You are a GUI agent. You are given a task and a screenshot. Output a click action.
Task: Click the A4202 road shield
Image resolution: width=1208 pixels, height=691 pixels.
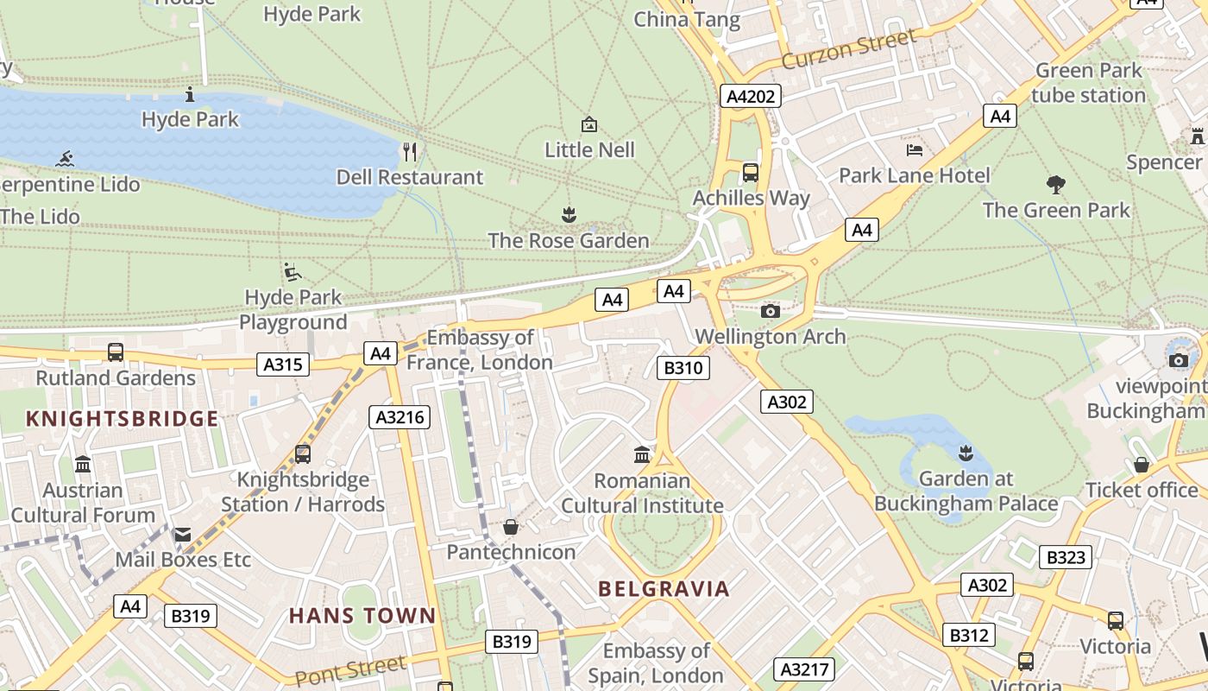(x=751, y=96)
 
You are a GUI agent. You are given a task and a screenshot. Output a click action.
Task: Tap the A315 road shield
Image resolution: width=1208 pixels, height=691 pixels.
(x=283, y=365)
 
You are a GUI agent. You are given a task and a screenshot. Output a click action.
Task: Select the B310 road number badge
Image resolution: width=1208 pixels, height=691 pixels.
(x=683, y=368)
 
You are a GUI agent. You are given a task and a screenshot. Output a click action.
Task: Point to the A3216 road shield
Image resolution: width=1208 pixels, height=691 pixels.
(x=400, y=417)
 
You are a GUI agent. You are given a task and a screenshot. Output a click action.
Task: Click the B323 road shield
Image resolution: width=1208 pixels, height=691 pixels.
(x=1065, y=557)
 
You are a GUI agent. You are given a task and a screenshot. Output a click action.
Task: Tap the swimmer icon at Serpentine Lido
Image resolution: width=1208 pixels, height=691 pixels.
(x=64, y=159)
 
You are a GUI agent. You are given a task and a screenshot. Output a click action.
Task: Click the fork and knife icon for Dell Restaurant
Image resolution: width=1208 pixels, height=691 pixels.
(x=410, y=152)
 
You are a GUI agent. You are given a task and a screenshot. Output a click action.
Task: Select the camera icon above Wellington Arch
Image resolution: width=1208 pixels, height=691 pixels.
(x=771, y=311)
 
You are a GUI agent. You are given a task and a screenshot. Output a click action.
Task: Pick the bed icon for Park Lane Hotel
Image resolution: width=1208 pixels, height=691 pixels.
(x=915, y=150)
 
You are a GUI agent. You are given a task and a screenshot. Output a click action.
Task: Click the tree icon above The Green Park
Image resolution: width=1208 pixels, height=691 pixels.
(x=1055, y=184)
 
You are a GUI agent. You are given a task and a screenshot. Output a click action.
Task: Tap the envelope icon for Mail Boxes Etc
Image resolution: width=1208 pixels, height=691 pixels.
(x=182, y=535)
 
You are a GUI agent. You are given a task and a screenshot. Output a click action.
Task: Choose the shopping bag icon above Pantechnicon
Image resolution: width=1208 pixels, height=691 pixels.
(x=511, y=527)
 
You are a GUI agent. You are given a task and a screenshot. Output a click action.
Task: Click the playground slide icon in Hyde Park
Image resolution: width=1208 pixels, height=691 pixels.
(x=293, y=272)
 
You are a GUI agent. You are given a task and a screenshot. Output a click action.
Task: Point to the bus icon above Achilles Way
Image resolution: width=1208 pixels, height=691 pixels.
(x=751, y=172)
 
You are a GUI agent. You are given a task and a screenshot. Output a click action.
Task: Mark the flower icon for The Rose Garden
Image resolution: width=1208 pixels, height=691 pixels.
(x=568, y=213)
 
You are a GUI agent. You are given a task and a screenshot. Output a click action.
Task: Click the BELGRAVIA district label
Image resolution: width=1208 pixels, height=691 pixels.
(x=664, y=589)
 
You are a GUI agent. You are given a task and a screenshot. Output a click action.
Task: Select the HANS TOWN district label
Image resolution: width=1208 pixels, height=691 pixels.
(x=362, y=616)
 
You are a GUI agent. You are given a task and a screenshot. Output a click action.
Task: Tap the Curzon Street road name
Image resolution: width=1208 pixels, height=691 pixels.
(x=849, y=49)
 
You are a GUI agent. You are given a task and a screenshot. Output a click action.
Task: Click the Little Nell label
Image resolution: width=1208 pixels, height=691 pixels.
(x=589, y=149)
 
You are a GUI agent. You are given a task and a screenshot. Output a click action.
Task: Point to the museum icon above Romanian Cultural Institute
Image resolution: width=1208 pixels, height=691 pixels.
(x=642, y=454)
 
